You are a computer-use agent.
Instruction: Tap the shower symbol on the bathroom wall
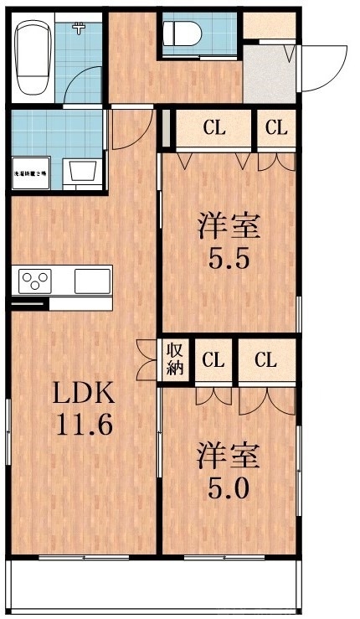(79, 28)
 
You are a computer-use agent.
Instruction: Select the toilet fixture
(182, 34)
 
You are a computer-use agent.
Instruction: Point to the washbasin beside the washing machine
(84, 173)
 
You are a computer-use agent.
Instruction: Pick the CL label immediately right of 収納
(214, 361)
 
